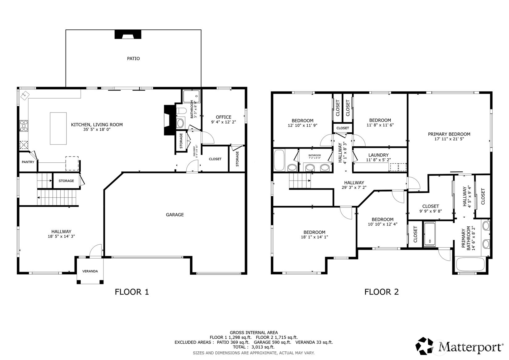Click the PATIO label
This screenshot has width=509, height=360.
133,58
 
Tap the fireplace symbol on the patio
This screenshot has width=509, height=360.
128,34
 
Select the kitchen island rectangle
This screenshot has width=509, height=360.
58,128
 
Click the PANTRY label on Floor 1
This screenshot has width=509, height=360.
28,162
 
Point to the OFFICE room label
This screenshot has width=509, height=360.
223,117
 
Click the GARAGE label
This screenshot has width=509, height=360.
175,215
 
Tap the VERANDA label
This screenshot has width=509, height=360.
90,271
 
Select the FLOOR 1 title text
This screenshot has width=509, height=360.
132,292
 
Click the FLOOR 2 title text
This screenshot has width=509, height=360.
381,292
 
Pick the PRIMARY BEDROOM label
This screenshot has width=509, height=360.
449,134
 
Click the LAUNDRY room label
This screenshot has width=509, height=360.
378,155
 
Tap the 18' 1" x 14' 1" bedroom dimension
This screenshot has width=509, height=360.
314,237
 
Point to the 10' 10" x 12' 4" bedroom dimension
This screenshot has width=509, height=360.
382,224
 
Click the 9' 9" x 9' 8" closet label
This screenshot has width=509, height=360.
431,211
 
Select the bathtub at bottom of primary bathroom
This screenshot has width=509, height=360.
470,264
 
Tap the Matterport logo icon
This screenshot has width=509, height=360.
425,346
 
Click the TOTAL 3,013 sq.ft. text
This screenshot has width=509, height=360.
253,347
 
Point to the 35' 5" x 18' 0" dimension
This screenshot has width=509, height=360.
97,130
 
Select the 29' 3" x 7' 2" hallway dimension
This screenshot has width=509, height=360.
354,187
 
